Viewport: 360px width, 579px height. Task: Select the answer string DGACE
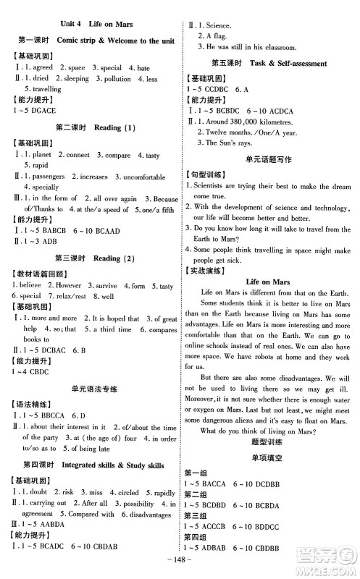(x=45, y=109)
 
